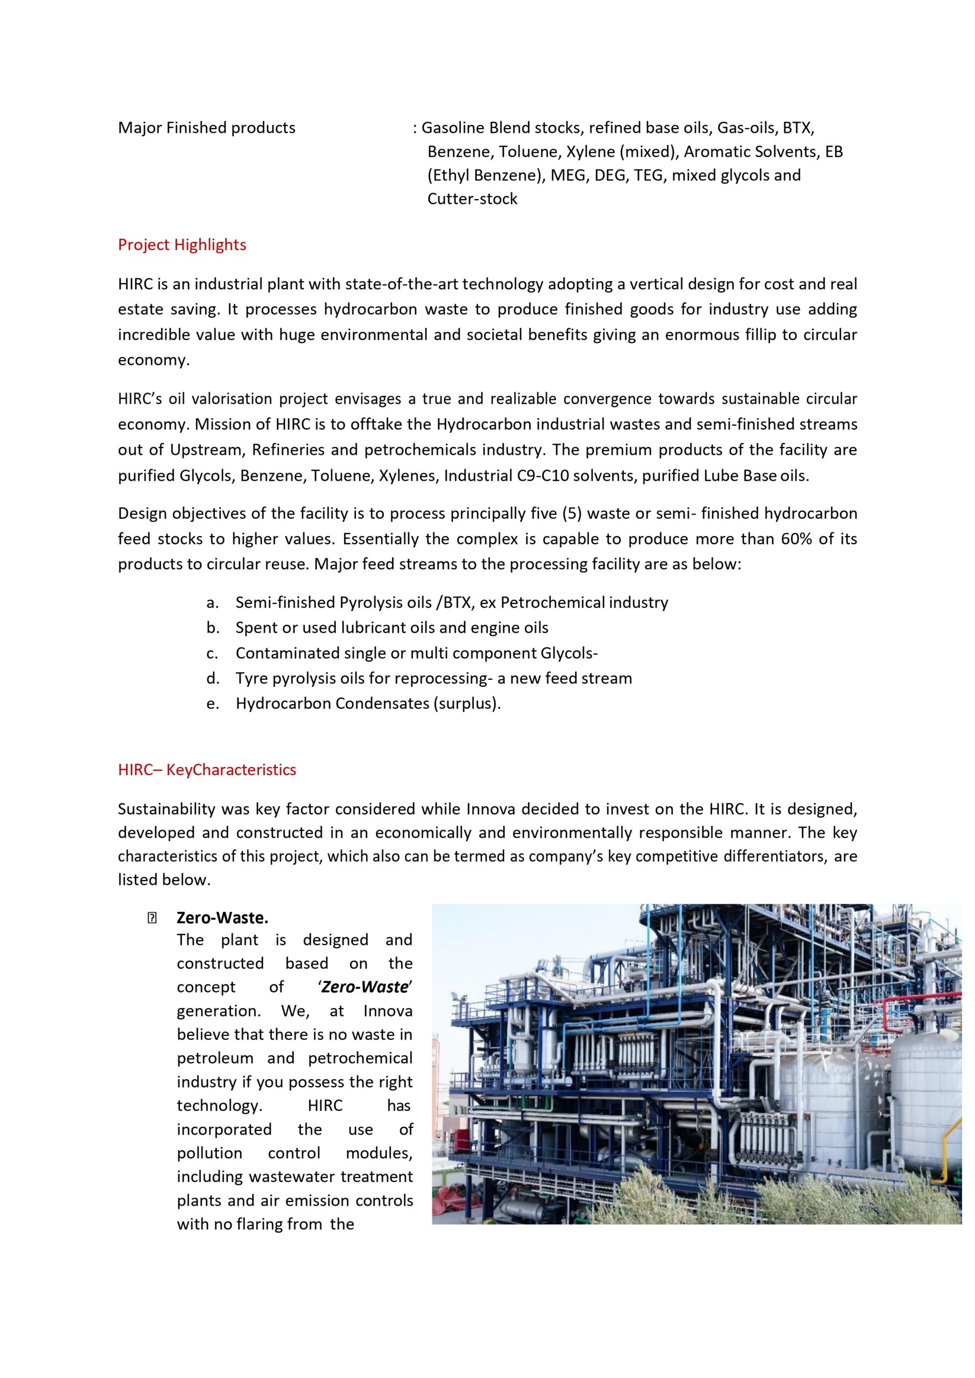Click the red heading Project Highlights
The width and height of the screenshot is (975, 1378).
(x=182, y=245)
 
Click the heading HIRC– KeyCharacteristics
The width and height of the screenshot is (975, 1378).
(x=207, y=770)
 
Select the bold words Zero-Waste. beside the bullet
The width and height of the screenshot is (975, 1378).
(x=222, y=918)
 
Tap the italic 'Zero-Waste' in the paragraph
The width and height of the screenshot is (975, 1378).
(x=365, y=987)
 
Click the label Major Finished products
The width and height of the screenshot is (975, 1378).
(x=207, y=128)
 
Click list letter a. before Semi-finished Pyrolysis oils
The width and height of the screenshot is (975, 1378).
(x=212, y=602)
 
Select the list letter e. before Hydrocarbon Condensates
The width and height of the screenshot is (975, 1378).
(x=212, y=704)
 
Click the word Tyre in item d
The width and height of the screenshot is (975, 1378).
(x=251, y=678)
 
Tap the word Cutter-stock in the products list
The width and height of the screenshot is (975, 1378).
(x=472, y=199)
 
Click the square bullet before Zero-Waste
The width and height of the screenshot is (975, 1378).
(x=151, y=918)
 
